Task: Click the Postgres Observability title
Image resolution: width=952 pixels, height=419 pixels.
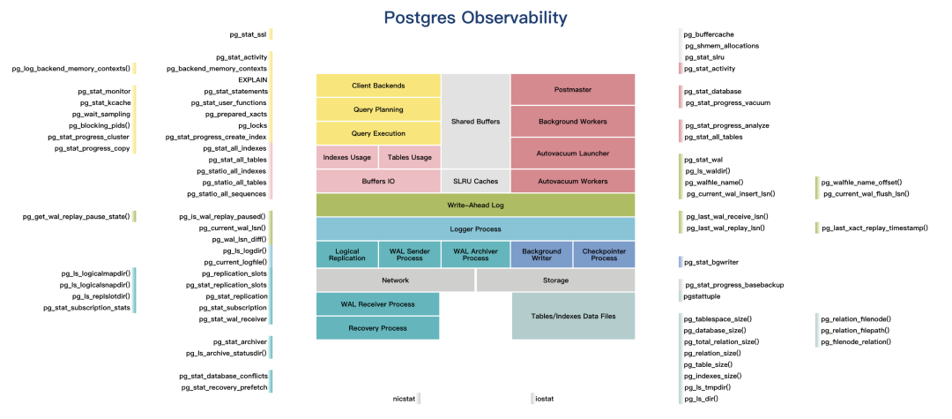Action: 476,17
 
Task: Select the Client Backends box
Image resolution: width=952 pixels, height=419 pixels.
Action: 378,86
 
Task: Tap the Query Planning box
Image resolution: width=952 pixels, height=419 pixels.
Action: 378,109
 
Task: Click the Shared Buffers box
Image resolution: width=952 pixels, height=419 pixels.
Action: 475,120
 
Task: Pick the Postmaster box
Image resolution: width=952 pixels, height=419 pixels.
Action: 572,90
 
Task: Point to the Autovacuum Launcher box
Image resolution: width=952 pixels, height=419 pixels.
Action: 572,153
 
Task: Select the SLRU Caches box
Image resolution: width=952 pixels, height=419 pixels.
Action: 475,181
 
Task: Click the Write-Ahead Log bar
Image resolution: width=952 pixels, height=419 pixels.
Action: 475,205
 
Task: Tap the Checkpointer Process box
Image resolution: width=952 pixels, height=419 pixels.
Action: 604,255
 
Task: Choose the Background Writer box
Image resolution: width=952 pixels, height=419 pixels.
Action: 541,255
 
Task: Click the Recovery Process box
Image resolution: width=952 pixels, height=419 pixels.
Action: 377,328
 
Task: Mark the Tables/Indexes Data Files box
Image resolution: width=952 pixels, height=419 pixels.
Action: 573,316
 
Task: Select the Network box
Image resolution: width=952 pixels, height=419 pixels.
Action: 395,281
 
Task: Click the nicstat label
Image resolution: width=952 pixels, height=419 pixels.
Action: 404,400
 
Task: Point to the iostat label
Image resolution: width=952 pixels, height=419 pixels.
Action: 544,400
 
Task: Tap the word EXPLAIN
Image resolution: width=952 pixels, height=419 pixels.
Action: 252,79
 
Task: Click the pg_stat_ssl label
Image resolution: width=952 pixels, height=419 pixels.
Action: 248,34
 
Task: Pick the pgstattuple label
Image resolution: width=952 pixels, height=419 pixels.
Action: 703,296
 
